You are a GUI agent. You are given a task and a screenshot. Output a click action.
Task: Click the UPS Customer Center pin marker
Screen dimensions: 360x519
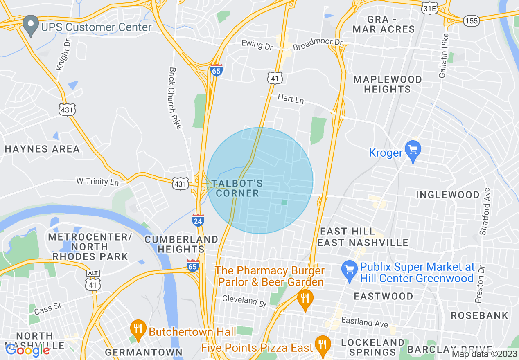[x=30, y=25]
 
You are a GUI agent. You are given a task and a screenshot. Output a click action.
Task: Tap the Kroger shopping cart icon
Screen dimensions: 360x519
[x=413, y=151]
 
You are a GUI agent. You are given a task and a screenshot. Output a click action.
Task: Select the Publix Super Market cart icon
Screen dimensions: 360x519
[x=350, y=271]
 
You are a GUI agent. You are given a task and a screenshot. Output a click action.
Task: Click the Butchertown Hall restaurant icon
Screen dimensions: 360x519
[x=138, y=330]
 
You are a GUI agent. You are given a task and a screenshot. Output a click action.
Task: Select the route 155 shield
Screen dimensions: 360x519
[x=472, y=20]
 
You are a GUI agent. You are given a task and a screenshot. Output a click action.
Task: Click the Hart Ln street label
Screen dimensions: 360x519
[x=291, y=98]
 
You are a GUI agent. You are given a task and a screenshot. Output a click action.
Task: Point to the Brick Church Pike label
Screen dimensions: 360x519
[x=175, y=98]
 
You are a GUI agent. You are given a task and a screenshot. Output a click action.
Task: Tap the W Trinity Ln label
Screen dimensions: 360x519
[x=97, y=181]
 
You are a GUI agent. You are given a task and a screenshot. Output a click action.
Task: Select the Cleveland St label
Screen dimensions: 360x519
[x=244, y=301]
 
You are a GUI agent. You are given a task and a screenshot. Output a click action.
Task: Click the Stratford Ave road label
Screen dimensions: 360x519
[x=485, y=211]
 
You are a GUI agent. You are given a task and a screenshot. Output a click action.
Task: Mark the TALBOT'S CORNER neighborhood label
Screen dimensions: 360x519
[x=238, y=188]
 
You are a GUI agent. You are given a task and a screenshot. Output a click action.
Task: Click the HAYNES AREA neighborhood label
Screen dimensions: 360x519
[x=42, y=149]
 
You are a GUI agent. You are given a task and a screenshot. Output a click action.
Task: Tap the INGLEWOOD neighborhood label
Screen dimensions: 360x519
[x=447, y=195]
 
